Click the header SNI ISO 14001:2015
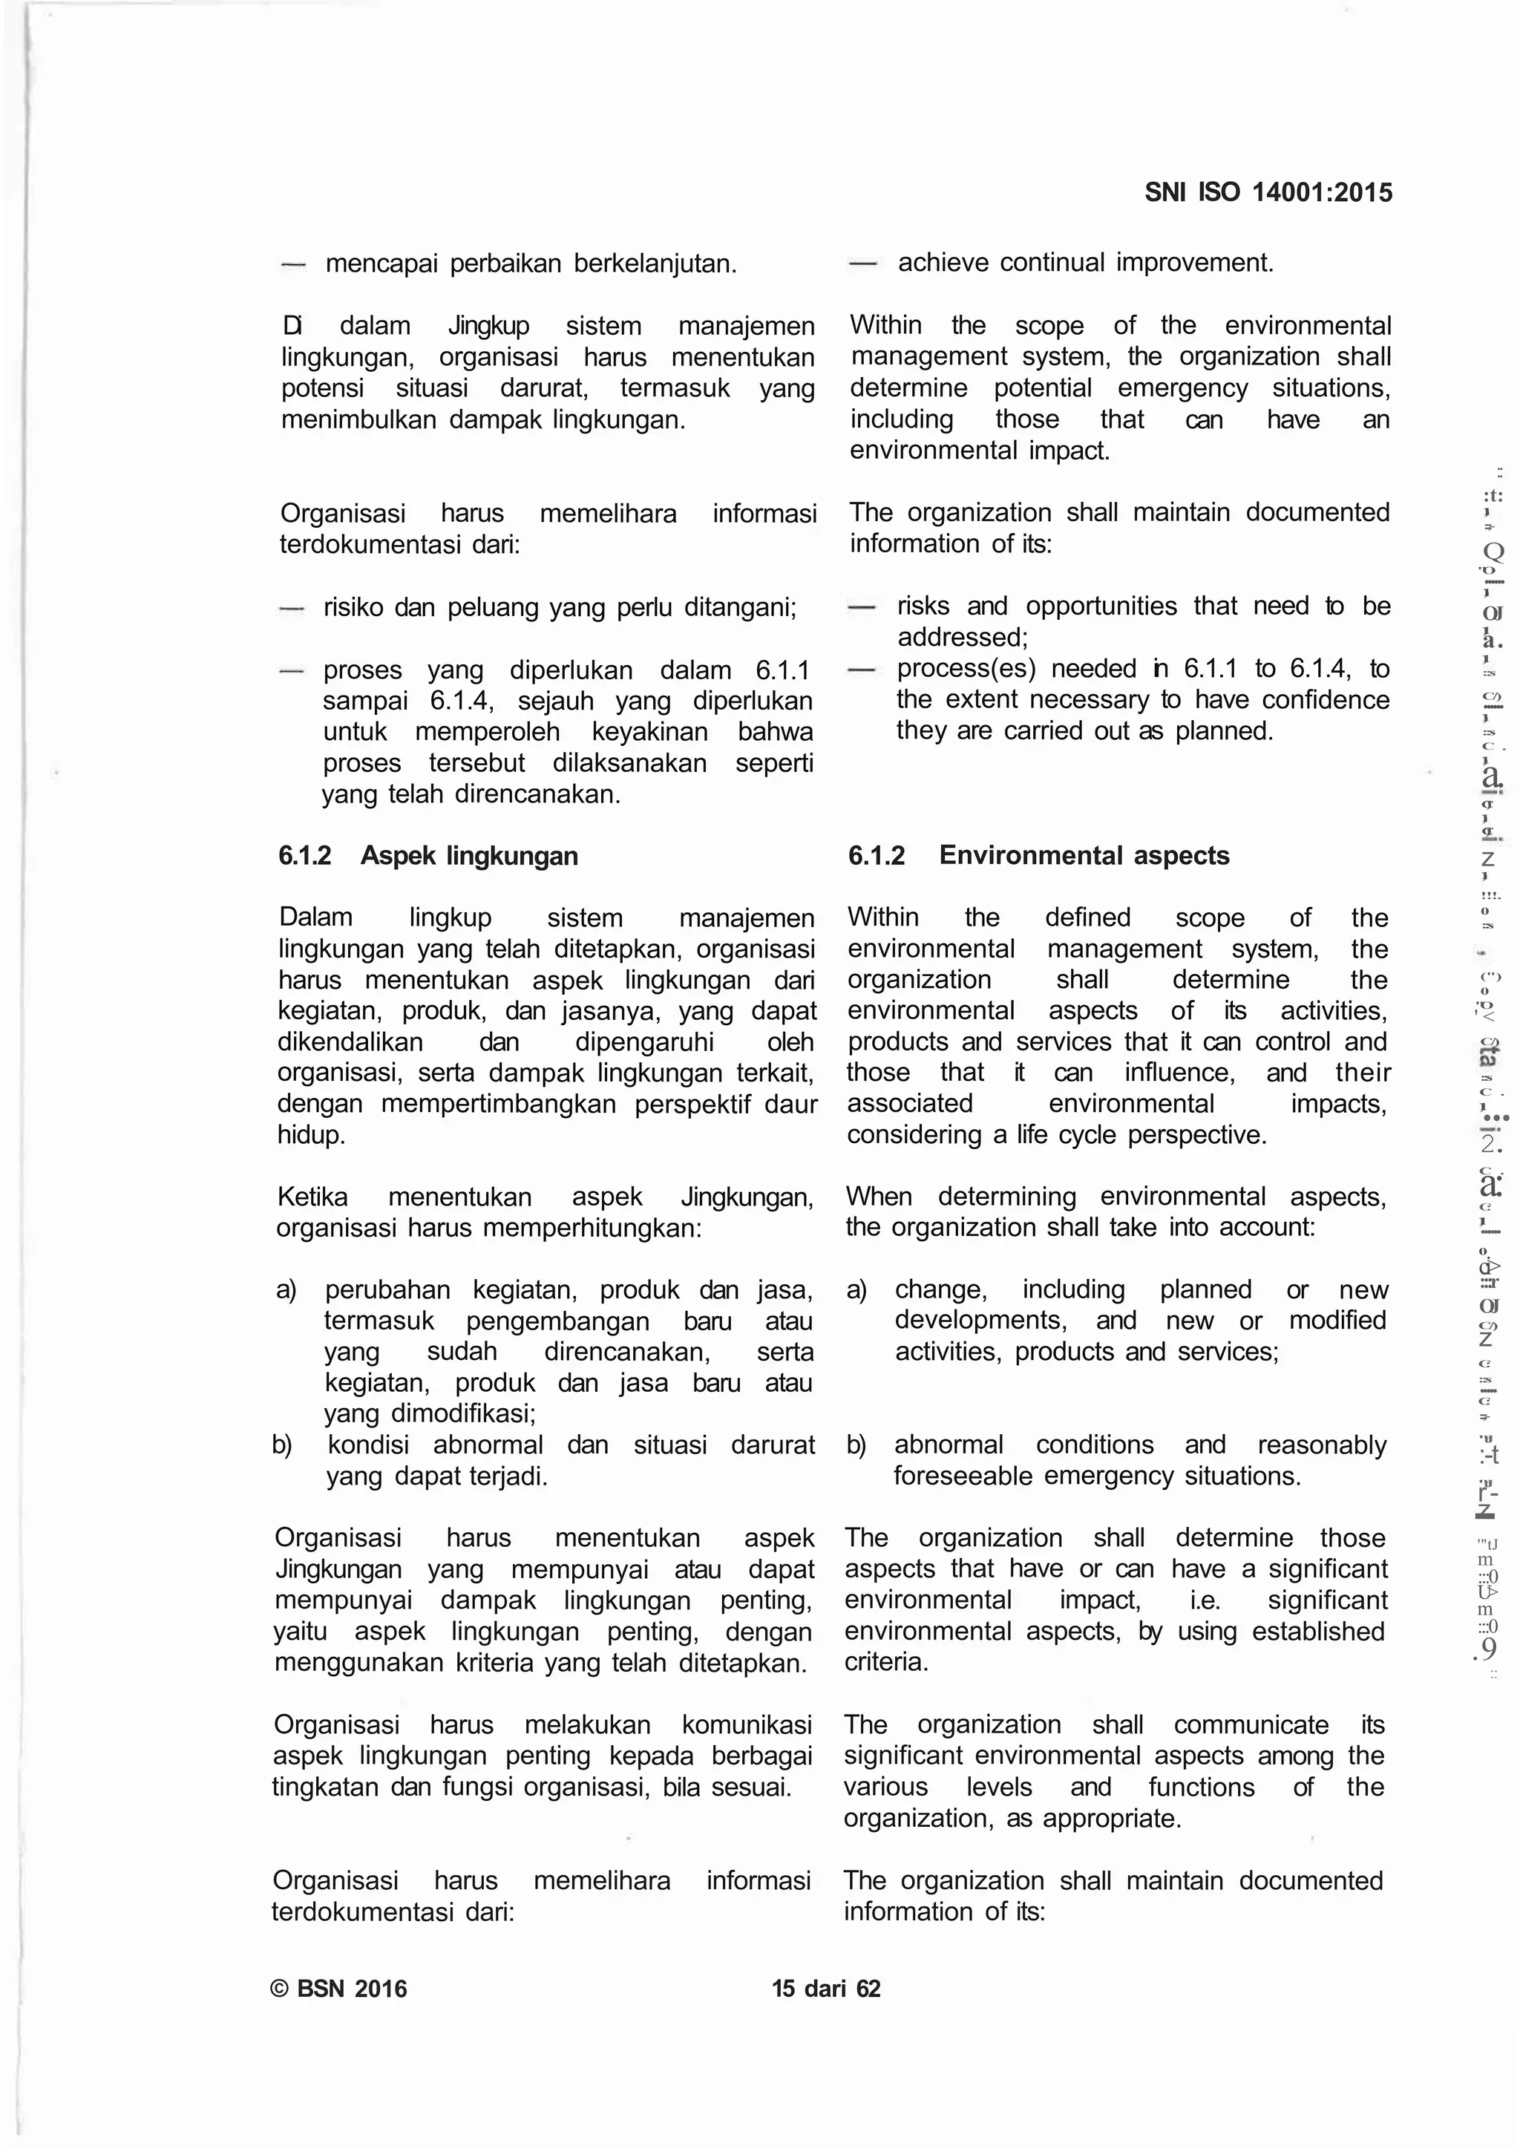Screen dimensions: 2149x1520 pos(1268,193)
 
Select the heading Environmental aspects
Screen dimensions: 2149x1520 pos(1084,855)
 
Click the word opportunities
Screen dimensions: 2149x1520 pos(1101,606)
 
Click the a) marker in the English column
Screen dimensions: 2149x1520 pos(856,1290)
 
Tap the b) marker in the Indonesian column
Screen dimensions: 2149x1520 pos(282,1445)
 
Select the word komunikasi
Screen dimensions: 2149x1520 pos(746,1725)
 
